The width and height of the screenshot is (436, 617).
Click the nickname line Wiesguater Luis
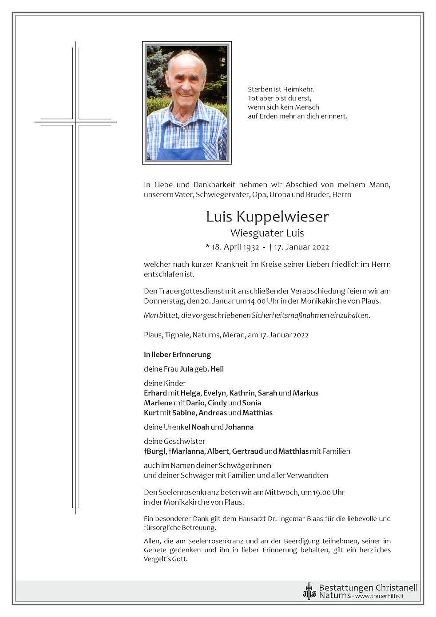coord(267,233)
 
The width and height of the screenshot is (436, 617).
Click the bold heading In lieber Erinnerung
coord(177,355)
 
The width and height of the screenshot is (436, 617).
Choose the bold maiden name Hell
coord(217,369)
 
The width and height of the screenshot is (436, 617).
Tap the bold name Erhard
coord(155,393)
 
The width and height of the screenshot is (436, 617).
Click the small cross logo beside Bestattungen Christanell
coord(309,591)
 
